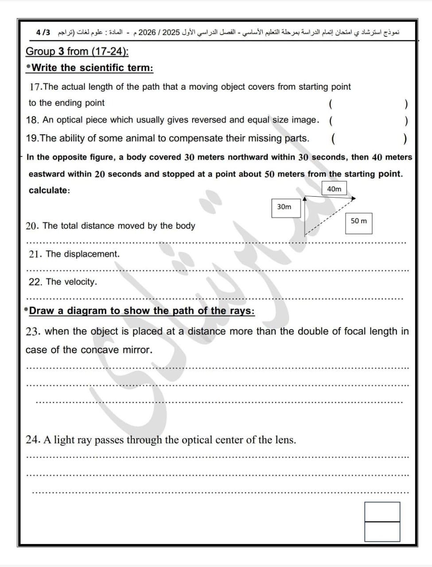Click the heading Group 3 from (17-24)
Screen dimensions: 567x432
[77, 51]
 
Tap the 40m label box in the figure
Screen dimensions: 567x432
[334, 189]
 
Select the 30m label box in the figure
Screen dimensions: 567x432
[284, 207]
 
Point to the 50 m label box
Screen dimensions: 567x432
[358, 221]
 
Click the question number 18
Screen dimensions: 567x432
[32, 120]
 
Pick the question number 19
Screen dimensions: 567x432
[32, 138]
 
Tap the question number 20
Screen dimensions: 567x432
[32, 226]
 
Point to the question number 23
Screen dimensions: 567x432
[33, 331]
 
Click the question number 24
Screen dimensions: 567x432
[33, 440]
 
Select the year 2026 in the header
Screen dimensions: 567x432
[147, 33]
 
